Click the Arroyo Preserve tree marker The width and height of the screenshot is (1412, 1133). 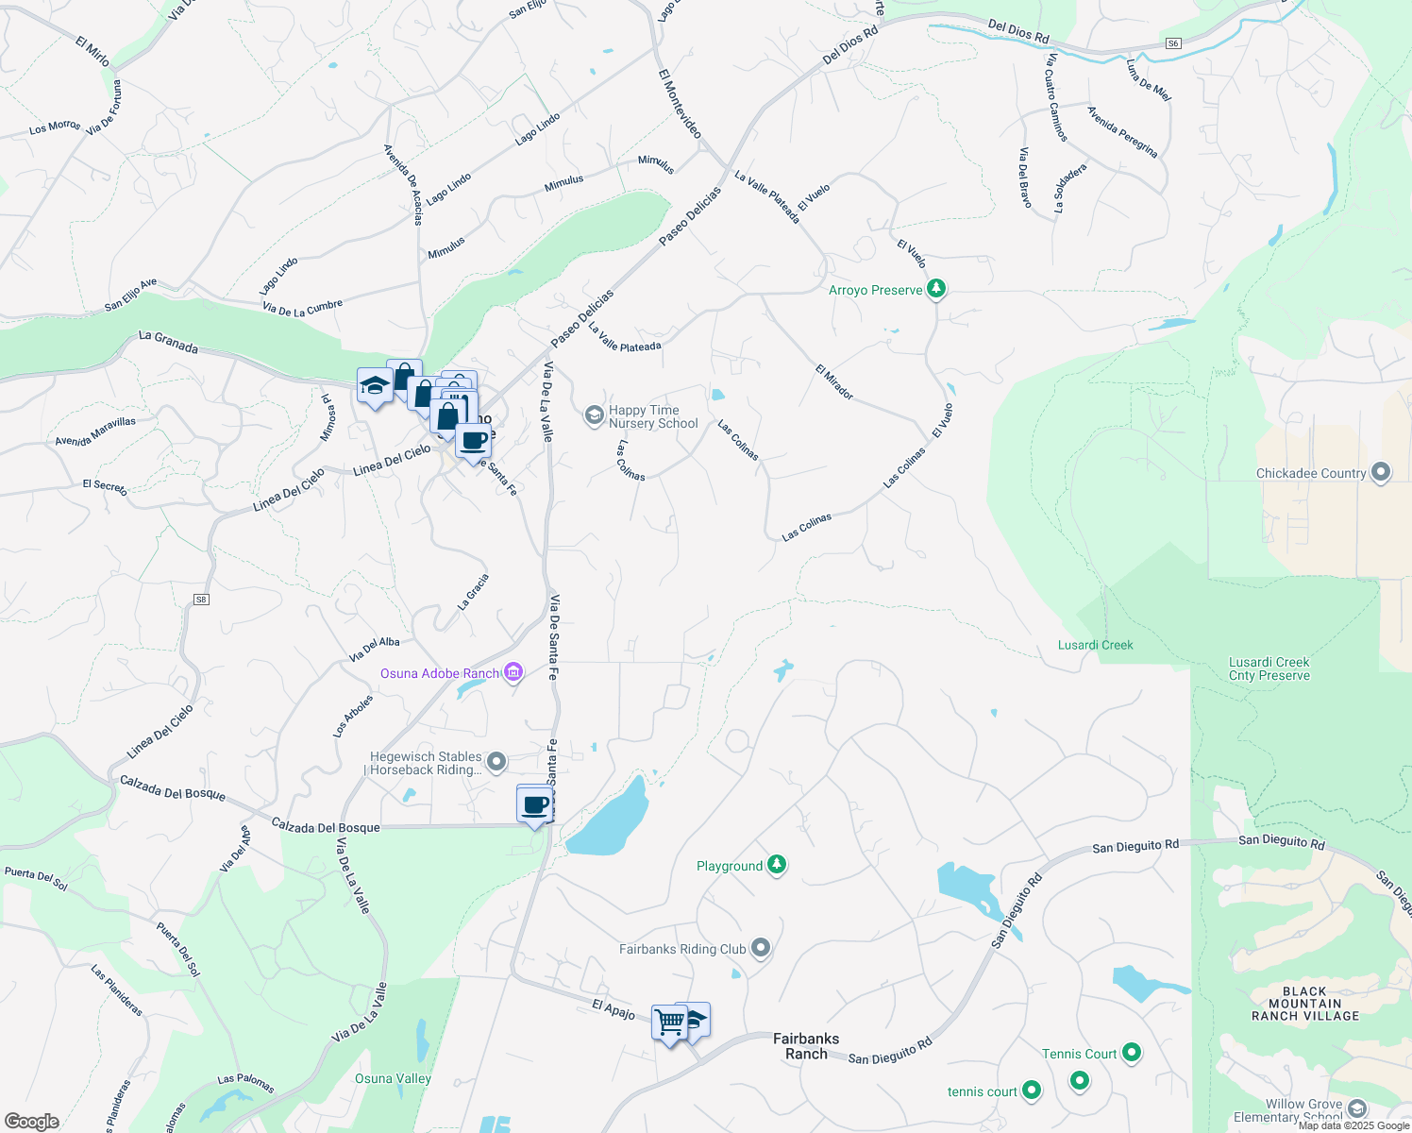coord(935,288)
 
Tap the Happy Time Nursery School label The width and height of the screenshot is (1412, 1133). coord(653,416)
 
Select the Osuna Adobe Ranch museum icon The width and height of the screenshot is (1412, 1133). coord(513,672)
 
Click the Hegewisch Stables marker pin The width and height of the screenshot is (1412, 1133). coord(496,762)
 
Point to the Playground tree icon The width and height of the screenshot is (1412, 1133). coord(776,864)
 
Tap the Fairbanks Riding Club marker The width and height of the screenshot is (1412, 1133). coord(761,949)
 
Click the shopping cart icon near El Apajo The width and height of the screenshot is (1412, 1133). coord(669,1022)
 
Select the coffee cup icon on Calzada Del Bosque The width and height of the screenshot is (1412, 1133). coord(535,805)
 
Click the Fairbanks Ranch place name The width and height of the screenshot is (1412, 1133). coord(806,1046)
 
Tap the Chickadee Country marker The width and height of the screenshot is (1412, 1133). coord(1380,472)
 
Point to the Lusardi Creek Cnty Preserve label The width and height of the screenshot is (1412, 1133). coord(1269,668)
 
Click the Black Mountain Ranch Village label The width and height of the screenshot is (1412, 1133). coord(1304,1004)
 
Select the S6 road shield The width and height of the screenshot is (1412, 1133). coord(1172,43)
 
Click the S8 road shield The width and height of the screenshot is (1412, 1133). coord(201,600)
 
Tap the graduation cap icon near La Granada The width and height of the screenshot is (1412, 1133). coord(375,386)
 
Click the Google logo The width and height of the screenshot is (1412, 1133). coord(31,1121)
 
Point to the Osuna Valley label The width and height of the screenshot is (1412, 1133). coord(393,1078)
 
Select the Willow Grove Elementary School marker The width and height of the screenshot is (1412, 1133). coord(1357,1108)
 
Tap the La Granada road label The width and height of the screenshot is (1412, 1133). coord(168,342)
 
